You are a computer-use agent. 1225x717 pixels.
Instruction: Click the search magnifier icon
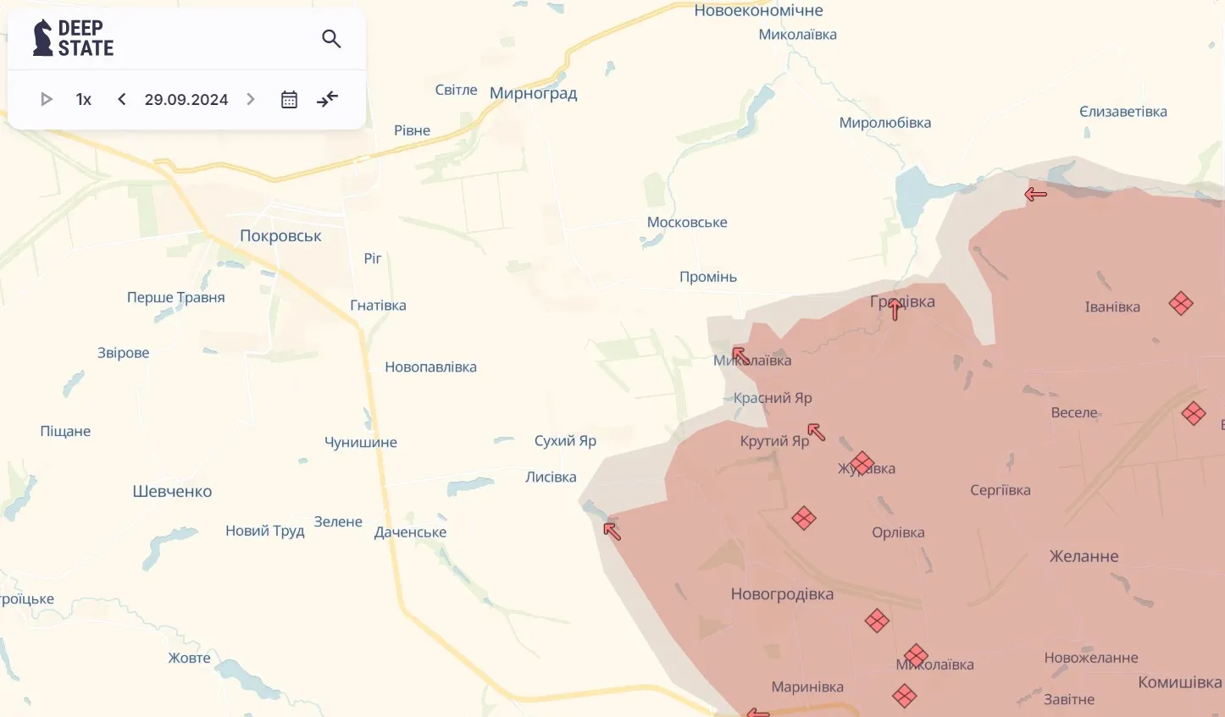pos(331,39)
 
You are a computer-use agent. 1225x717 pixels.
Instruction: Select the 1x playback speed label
pos(83,99)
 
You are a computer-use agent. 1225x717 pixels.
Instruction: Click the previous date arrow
pos(122,99)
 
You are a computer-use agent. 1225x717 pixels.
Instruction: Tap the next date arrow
pos(251,99)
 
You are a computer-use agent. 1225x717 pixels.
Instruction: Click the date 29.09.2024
pos(186,99)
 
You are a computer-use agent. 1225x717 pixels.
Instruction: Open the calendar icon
pos(289,99)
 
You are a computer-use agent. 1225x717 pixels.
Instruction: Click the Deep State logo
pos(73,38)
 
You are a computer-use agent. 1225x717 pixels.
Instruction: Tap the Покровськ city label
pos(280,236)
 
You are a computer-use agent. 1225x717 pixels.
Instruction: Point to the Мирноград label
pos(533,93)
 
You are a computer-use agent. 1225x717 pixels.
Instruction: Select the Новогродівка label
pos(782,594)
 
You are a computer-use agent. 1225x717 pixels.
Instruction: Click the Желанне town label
pos(1084,556)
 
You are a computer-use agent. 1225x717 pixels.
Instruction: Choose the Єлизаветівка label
pos(1122,112)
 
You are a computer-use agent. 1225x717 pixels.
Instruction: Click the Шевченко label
pos(172,492)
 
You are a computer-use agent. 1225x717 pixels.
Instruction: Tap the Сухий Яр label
pos(565,441)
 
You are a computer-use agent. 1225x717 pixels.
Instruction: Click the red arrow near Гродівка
pos(895,309)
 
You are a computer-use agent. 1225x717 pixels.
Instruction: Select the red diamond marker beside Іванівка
pos(1181,303)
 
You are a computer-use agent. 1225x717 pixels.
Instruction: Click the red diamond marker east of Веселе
pos(1194,413)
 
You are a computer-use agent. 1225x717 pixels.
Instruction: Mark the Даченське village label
pos(410,532)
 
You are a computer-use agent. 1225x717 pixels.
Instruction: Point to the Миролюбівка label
pos(884,123)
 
